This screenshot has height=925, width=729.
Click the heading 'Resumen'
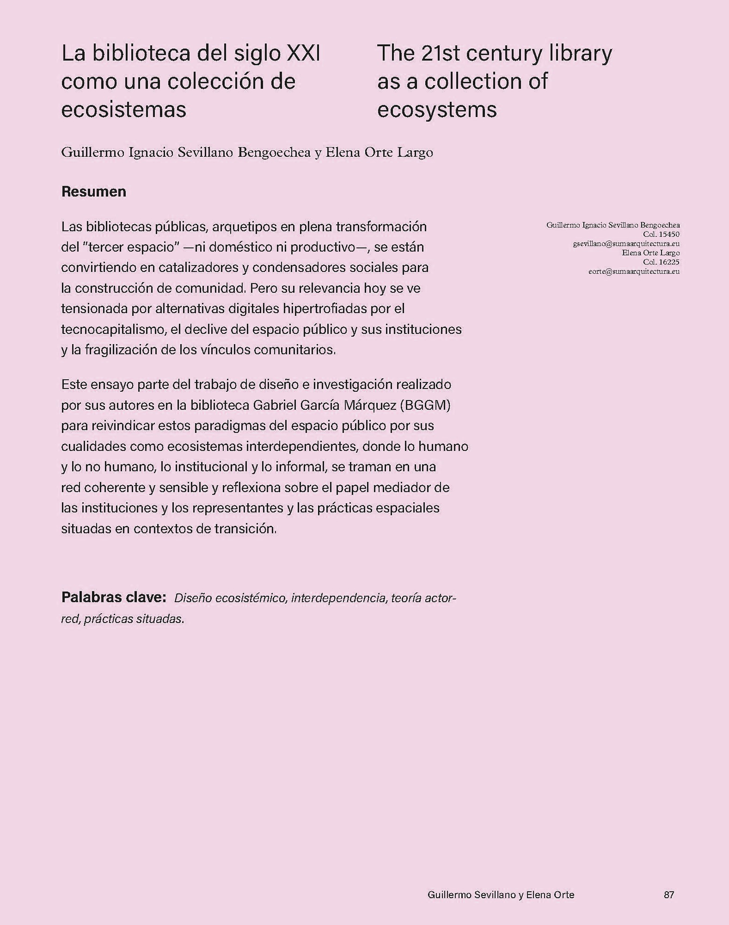93,192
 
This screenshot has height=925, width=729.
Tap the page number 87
669,895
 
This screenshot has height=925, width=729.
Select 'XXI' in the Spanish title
304,54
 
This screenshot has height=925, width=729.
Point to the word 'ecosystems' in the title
437,110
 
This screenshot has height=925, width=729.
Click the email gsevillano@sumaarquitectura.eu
626,244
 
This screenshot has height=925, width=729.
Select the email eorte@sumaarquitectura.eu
634,271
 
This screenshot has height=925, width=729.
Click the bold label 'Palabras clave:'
114,597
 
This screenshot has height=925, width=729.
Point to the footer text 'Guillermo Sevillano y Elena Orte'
501,895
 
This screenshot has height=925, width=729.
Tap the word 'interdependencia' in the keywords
338,598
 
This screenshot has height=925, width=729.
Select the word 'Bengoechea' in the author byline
274,153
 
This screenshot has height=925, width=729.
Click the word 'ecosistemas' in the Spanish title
123,110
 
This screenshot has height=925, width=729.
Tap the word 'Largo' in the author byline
416,153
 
